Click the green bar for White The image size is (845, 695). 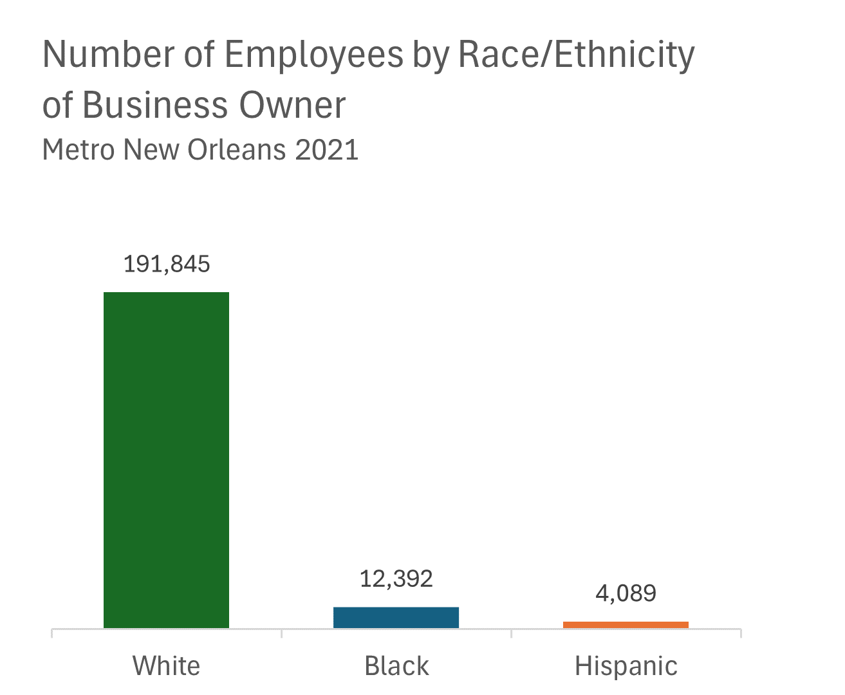166,459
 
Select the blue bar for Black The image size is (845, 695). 396,617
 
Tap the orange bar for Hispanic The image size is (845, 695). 626,624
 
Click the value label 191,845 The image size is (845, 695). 167,264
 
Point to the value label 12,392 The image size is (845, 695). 396,579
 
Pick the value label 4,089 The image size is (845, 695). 626,593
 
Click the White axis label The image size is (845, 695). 166,665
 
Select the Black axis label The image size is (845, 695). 396,665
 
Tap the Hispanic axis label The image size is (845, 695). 626,665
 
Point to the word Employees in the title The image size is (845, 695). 313,55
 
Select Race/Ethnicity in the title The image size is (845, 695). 576,55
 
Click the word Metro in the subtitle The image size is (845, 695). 79,149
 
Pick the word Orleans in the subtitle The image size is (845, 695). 236,149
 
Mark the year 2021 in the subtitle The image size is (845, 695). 326,149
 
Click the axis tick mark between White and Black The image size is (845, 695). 281,633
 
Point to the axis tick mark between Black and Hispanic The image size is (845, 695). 511,633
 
